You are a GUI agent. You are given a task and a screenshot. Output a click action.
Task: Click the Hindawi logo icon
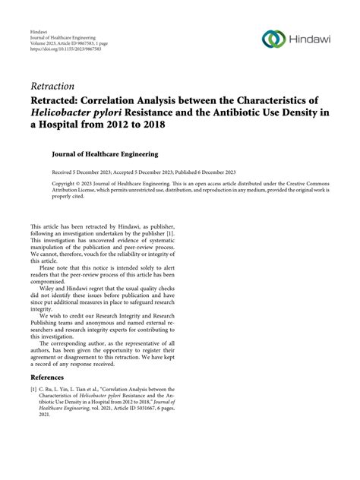(x=272, y=39)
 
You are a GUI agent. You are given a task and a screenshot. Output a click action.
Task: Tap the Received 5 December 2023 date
(x=86, y=172)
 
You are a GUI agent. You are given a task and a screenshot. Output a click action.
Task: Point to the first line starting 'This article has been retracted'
(x=84, y=226)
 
